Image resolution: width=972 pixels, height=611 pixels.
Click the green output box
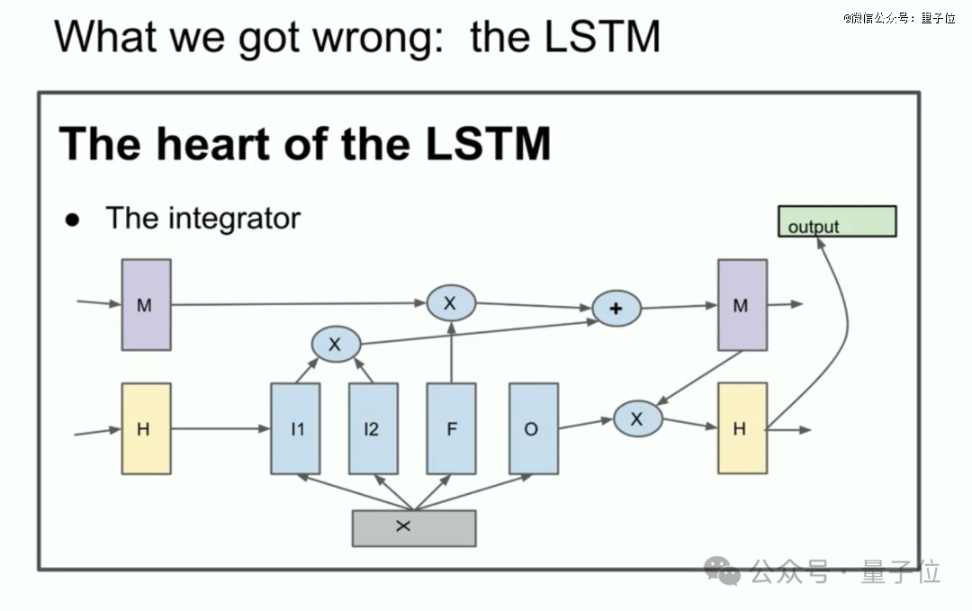point(837,221)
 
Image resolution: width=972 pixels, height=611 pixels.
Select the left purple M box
point(147,305)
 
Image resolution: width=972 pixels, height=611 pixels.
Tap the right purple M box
point(742,305)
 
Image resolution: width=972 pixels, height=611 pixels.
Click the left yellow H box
point(147,429)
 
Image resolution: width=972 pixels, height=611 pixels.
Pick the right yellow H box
point(742,428)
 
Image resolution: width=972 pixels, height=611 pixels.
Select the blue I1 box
point(296,429)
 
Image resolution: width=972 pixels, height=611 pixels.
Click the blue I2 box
point(373,429)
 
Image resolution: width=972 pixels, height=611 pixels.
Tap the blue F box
point(451,429)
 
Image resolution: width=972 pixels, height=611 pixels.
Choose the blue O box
point(534,429)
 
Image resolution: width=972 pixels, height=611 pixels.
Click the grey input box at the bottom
point(414,528)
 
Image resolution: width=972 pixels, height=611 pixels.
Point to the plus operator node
point(616,308)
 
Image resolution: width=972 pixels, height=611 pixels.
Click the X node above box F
point(451,303)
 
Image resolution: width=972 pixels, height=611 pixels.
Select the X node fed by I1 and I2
point(336,344)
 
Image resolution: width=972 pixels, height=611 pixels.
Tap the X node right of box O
point(638,419)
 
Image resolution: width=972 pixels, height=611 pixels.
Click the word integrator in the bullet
point(234,219)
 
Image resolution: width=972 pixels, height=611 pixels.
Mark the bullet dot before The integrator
point(73,220)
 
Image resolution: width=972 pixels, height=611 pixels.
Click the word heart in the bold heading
point(211,144)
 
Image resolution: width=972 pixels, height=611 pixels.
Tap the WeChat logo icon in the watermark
point(722,571)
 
